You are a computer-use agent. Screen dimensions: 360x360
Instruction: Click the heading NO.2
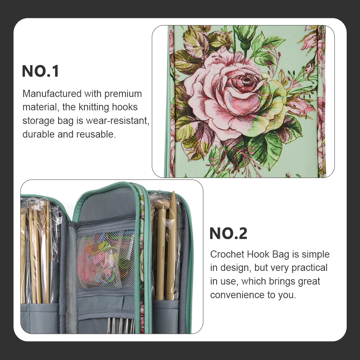229,234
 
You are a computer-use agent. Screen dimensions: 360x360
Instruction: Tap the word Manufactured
52,94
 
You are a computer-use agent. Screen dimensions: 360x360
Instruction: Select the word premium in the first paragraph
123,94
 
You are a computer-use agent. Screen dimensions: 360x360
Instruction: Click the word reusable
96,134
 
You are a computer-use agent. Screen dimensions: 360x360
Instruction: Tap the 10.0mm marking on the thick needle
163,253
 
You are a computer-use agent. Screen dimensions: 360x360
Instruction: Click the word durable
38,134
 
